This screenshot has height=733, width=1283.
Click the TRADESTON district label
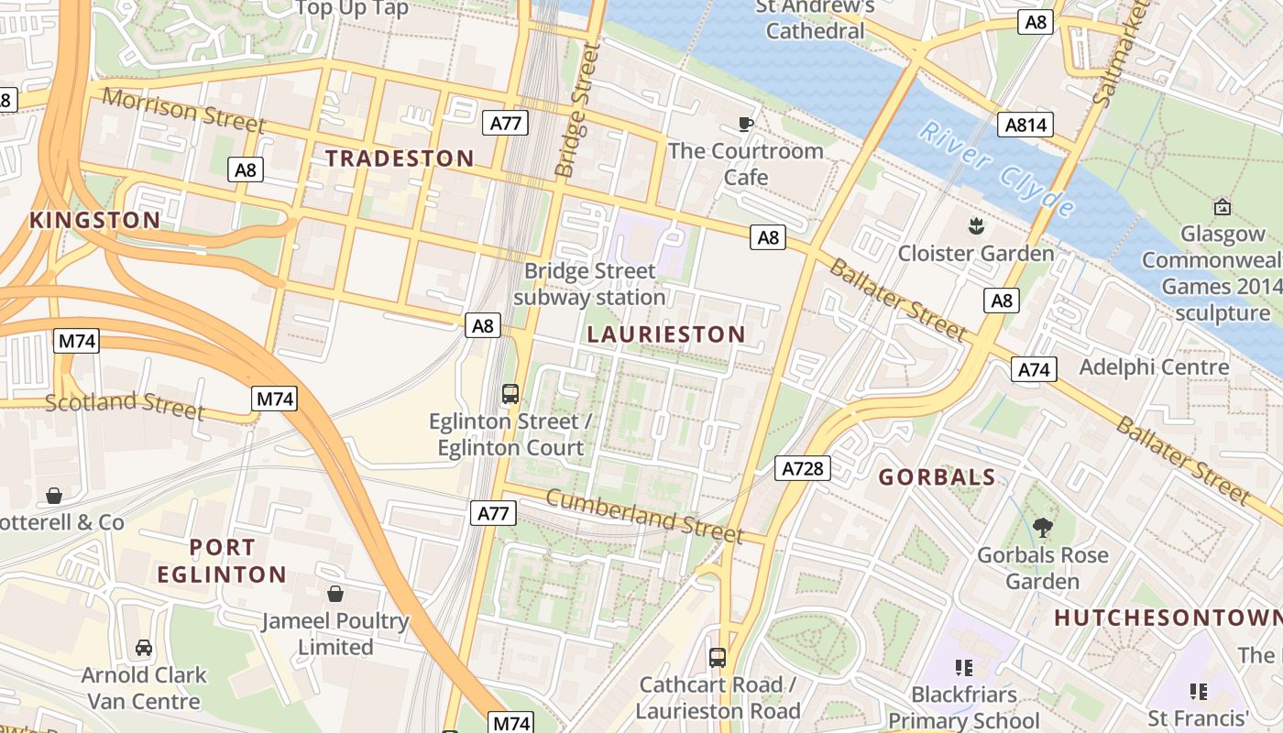click(400, 159)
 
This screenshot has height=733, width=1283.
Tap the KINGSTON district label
click(94, 220)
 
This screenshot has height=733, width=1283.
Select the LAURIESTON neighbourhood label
click(666, 334)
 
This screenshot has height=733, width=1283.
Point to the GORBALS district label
click(937, 476)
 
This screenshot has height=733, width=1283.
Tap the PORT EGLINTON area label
click(222, 561)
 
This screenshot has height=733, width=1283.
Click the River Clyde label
click(996, 169)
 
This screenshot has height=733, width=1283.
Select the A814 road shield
click(1025, 125)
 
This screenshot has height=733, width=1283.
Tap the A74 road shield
click(1034, 369)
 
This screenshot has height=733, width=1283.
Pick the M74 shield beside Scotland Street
click(274, 399)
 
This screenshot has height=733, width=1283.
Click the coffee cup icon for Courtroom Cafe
click(746, 124)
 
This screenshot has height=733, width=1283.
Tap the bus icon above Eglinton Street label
click(510, 394)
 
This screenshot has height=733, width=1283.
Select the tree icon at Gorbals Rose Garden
click(1042, 527)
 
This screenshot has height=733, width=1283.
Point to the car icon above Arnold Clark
click(144, 648)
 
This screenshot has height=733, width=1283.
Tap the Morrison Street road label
click(183, 111)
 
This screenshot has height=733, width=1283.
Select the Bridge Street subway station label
click(589, 284)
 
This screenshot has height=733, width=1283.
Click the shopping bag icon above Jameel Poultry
click(335, 594)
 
